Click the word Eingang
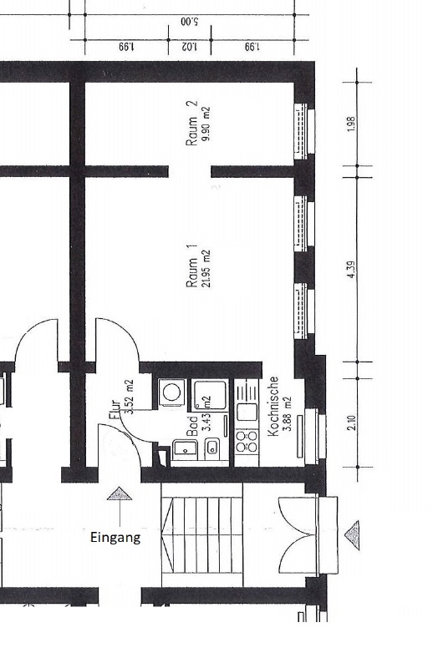click(115, 538)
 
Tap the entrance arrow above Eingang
click(120, 494)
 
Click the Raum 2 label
click(192, 124)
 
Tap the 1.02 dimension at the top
click(189, 47)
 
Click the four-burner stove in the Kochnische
click(247, 441)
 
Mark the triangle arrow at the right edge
click(354, 530)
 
